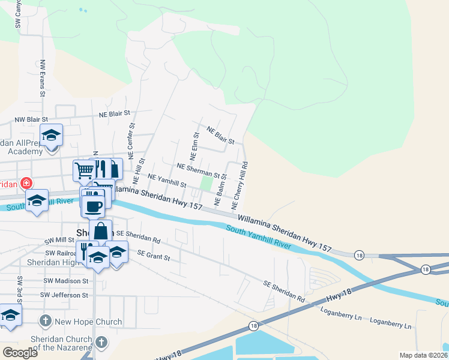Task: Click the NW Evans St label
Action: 43,78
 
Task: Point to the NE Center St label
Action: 131,138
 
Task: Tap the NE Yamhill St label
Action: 167,180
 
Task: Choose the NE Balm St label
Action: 220,189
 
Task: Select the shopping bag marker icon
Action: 101,231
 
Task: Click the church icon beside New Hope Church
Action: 46,322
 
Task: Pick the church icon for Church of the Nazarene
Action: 102,343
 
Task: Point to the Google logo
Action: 20,352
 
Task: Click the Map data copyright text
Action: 423,355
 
